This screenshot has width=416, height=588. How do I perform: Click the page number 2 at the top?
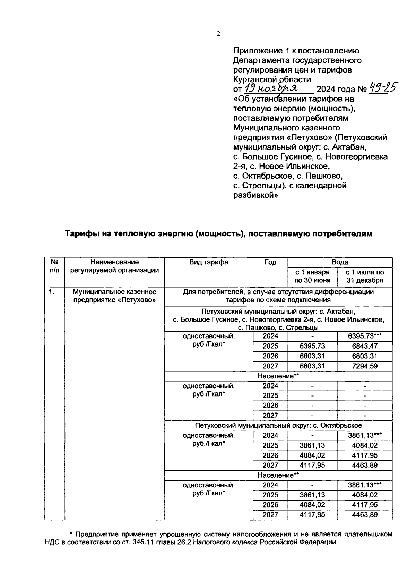click(x=218, y=34)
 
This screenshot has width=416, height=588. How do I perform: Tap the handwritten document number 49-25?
click(x=383, y=88)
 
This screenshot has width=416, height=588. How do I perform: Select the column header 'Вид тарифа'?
click(x=209, y=262)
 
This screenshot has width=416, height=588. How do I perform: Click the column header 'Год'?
click(x=270, y=262)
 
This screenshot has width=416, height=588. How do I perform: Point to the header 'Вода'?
click(x=340, y=262)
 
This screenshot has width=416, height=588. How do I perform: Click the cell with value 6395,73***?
click(x=364, y=336)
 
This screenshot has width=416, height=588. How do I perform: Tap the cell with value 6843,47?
click(x=364, y=346)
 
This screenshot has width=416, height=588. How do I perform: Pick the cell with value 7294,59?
click(x=364, y=366)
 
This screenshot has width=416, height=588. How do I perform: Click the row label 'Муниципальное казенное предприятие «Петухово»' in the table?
click(x=114, y=296)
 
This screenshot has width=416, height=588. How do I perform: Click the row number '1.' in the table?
click(x=52, y=292)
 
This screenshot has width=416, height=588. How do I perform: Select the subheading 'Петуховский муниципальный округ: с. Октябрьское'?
click(x=278, y=425)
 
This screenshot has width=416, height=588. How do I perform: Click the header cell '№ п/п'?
click(x=54, y=266)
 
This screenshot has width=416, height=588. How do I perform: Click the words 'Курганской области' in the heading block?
click(x=272, y=79)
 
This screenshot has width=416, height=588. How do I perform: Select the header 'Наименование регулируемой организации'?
click(x=114, y=266)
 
